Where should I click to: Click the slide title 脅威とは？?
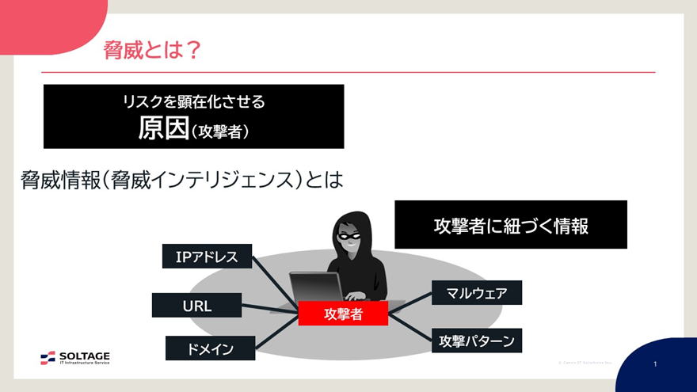point(151,51)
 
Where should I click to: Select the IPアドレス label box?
point(207,257)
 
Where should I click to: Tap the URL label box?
point(196,305)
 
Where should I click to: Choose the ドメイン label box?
point(211,348)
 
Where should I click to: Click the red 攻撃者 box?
point(343,314)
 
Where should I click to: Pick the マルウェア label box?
point(477,294)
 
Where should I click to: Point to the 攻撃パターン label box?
point(477,341)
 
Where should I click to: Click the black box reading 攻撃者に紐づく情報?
point(511,225)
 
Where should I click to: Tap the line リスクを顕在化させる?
point(193,101)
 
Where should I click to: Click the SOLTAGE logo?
point(75,358)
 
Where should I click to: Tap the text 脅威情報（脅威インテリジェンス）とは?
point(182,180)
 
